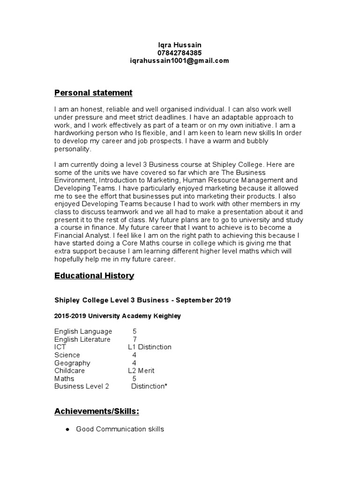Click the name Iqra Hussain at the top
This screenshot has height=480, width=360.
(x=180, y=45)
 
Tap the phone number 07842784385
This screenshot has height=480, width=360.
(x=180, y=52)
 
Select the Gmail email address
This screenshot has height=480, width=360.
(x=180, y=60)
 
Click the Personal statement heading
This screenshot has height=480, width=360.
(x=93, y=93)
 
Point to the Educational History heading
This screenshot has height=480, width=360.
(x=94, y=276)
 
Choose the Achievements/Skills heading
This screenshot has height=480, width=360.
(x=97, y=412)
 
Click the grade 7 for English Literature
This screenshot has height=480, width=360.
(x=135, y=339)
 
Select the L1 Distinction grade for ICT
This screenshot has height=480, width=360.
(x=150, y=347)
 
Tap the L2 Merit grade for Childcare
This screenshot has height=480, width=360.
(x=141, y=371)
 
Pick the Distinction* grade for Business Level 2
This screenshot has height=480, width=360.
(x=149, y=387)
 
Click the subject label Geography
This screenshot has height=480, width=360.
(x=72, y=363)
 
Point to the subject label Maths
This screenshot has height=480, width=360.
(x=64, y=379)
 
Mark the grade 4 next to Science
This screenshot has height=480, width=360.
(x=135, y=355)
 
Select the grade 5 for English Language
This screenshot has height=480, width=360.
(x=135, y=331)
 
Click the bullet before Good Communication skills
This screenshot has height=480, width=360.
(x=67, y=429)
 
